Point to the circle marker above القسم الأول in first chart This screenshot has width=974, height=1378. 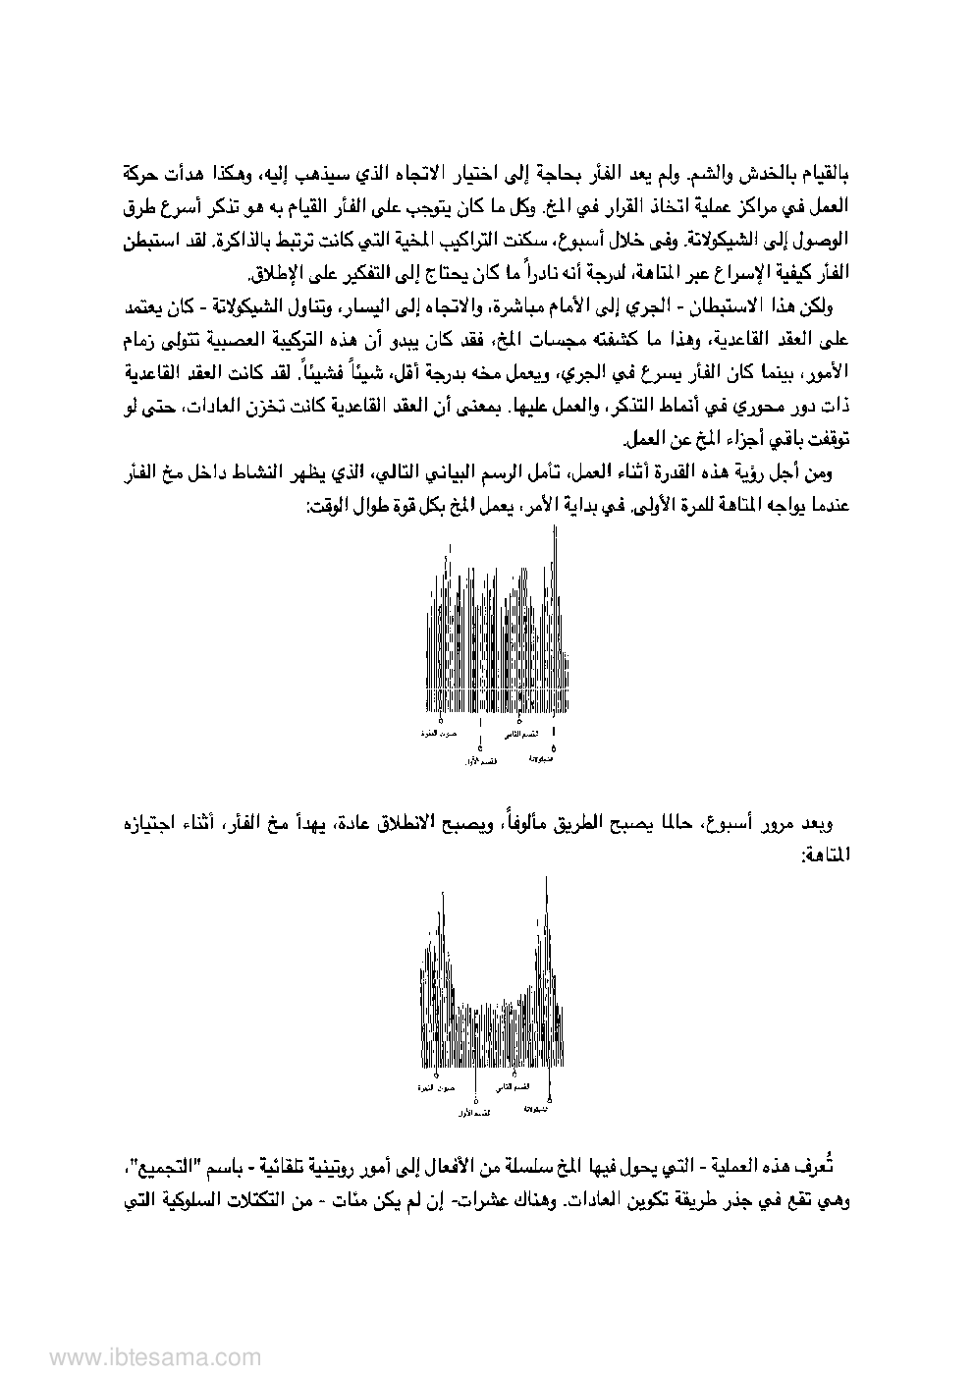pyautogui.click(x=480, y=750)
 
